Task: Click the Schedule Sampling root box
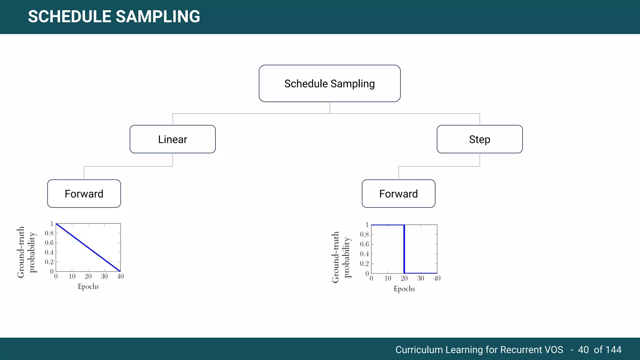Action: [x=329, y=83]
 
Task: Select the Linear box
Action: [x=172, y=139]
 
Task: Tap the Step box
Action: [x=479, y=139]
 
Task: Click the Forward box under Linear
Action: [x=84, y=194]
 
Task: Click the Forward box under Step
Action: [x=398, y=194]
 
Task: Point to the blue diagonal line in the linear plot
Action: [x=88, y=247]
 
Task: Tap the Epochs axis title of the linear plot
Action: [x=88, y=287]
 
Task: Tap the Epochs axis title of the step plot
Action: [x=404, y=289]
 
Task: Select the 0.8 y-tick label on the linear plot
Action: [x=49, y=233]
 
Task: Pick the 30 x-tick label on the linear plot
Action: [x=104, y=276]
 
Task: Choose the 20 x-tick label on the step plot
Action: [x=404, y=278]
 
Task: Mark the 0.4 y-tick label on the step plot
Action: [x=364, y=254]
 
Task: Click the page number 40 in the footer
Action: [x=583, y=350]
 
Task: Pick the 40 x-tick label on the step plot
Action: [x=437, y=278]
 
